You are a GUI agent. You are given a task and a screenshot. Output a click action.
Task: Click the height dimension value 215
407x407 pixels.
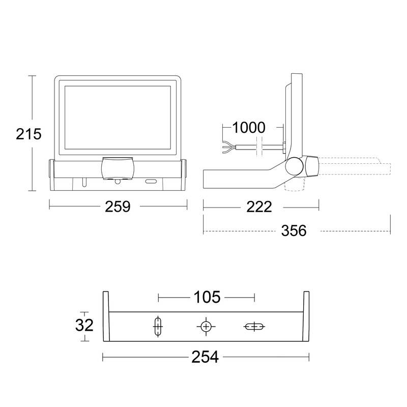(x=28, y=134)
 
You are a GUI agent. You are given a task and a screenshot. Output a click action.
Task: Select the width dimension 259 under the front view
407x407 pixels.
(x=118, y=207)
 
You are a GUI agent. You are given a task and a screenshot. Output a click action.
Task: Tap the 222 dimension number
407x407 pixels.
(x=259, y=207)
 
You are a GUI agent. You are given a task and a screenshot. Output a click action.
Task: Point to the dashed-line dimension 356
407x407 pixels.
(x=295, y=230)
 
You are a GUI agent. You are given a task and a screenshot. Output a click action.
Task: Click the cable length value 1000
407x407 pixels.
(x=249, y=128)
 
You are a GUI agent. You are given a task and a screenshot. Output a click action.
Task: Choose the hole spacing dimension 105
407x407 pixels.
(x=206, y=297)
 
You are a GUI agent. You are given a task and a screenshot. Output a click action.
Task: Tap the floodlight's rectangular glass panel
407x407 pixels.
(x=118, y=117)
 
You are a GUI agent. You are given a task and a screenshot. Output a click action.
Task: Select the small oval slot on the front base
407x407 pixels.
(x=151, y=181)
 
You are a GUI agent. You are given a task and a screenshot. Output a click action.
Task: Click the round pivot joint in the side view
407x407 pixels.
(x=294, y=166)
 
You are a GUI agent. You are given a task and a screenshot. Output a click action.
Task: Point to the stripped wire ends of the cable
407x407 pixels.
(x=227, y=148)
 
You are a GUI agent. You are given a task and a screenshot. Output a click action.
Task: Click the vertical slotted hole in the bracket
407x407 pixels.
(x=158, y=326)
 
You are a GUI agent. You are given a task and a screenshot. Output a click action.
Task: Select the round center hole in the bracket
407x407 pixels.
(x=206, y=326)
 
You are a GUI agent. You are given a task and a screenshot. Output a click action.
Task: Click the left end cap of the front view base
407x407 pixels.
(x=51, y=175)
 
